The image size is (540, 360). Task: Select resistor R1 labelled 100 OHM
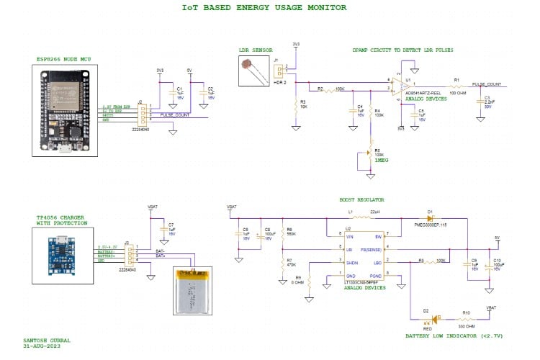click(x=456, y=86)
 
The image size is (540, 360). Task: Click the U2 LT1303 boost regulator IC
click(x=363, y=256)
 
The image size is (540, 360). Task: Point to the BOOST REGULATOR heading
click(x=361, y=199)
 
